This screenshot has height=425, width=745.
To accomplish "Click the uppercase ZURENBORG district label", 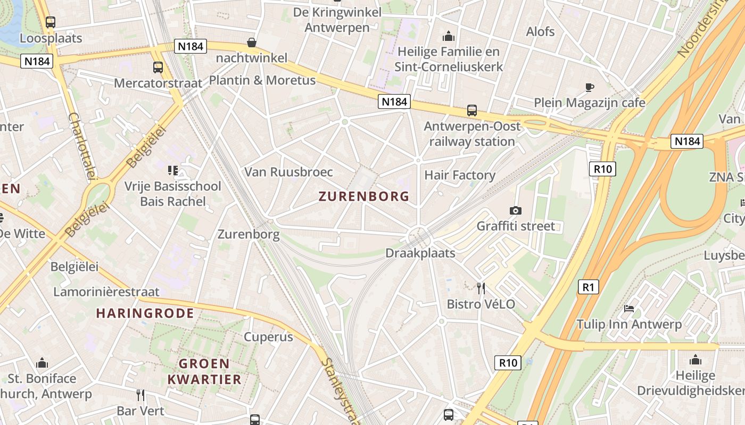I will coord(364,197).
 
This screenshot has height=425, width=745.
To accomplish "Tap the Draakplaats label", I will coord(420,253).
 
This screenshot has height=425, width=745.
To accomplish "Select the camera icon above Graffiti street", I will coord(515,210).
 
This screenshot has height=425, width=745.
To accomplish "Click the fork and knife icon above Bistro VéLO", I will coord(481,288).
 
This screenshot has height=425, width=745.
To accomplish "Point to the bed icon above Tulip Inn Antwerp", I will coord(629,309).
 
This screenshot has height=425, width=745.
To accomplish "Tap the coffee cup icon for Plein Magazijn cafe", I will coord(590,87).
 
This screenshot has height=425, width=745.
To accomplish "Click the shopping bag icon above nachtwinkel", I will coord(251,42).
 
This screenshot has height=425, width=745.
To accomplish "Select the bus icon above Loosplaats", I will coord(51,22).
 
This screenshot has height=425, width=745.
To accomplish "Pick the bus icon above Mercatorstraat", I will coord(158,67).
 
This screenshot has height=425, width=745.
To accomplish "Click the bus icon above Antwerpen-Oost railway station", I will coord(472,110).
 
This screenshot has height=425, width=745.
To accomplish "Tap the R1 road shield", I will coord(588,287).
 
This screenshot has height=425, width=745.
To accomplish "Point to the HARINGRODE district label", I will coord(145,313).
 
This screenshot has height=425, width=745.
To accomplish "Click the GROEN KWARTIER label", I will coord(205,371).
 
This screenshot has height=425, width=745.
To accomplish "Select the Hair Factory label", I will coord(460,175).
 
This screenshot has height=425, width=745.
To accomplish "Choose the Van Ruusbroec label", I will coord(288,172).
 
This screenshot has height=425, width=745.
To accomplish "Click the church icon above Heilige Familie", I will coord(449,36).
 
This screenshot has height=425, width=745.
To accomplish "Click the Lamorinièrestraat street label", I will coord(106,292).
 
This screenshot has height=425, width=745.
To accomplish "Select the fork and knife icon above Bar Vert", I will coord(140,395).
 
